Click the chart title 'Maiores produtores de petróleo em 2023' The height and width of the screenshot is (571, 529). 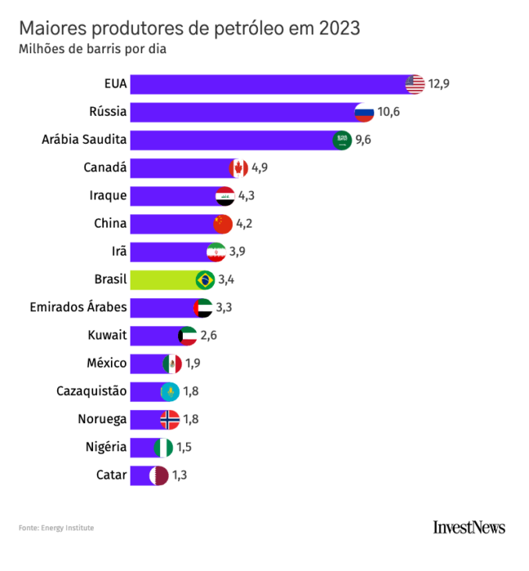tap(189, 28)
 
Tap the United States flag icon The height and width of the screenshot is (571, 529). tap(415, 84)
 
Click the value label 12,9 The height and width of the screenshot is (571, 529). tap(438, 84)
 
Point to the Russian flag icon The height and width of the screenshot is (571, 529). tap(364, 112)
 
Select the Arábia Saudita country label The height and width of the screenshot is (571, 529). tap(84, 140)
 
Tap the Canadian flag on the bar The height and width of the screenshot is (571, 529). tap(238, 168)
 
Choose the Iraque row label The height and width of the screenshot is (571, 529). tap(106, 196)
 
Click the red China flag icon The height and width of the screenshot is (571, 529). tap(223, 224)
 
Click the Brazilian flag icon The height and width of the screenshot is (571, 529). tap(206, 279)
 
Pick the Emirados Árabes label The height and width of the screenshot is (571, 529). tap(78, 307)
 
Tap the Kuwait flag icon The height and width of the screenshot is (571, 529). tap(188, 336)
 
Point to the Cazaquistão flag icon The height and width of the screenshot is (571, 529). tap(170, 391)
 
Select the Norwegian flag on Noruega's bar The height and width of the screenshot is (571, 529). tap(170, 419)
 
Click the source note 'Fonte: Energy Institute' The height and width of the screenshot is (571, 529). tap(56, 528)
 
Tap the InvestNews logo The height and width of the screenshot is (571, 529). tap(469, 527)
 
